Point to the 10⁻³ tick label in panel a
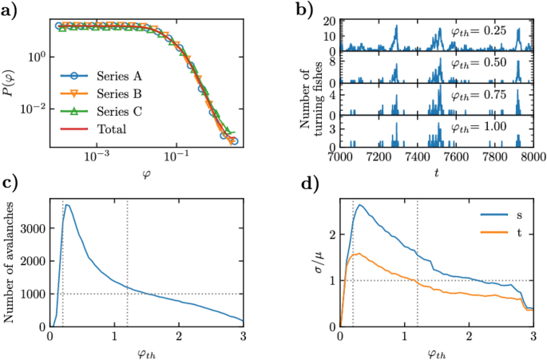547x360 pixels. point(96,160)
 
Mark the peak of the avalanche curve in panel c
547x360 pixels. point(67,205)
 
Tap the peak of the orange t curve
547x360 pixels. point(361,254)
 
